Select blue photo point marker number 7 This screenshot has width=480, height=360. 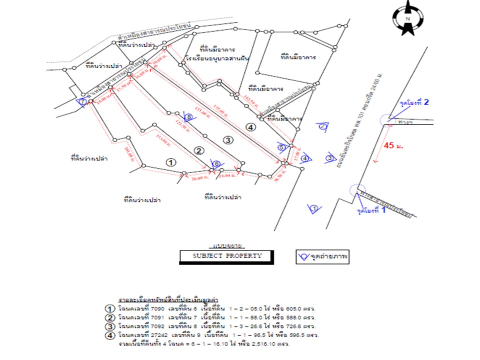point(82,102)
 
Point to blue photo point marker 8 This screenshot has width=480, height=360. point(188,117)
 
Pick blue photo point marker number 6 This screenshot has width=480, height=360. point(216,163)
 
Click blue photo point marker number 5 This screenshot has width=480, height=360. point(281,147)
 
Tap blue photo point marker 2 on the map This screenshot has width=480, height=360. point(323,127)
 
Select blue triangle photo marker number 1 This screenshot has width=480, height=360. point(314,208)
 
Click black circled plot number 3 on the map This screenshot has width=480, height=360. point(227,139)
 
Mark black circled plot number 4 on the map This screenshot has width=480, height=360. point(251,127)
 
